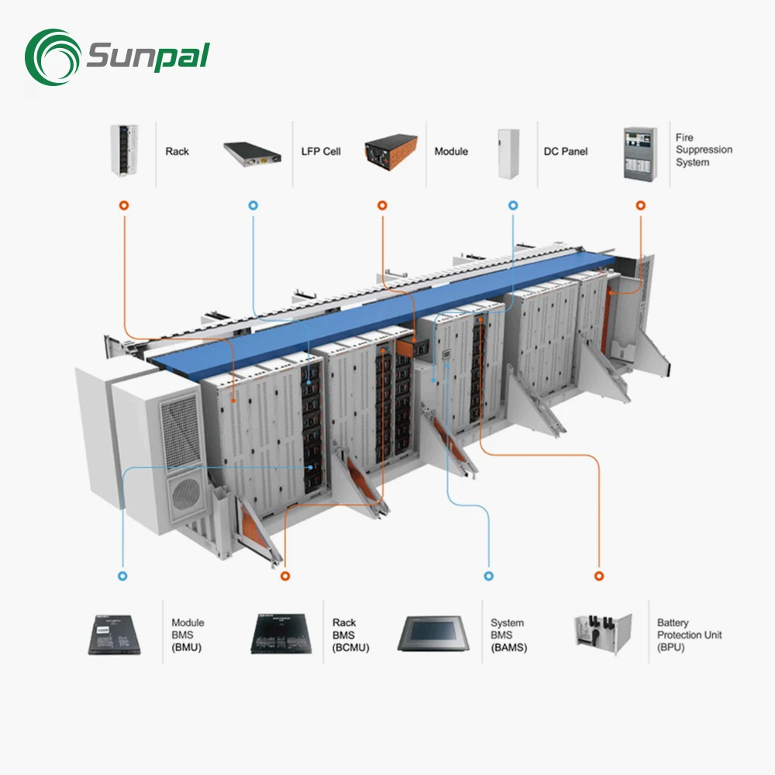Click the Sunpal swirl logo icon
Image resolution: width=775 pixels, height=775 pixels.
pos(52,58)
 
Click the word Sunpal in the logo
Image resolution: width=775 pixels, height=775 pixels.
pos(147,57)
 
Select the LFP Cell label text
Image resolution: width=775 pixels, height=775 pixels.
pos(320,152)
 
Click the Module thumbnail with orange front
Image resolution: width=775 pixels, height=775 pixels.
pos(391,152)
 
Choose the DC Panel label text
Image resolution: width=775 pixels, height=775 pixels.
pos(566,152)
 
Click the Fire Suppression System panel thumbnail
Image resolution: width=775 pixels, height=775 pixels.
pos(641,153)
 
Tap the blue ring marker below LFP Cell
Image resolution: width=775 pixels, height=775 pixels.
pos(253,206)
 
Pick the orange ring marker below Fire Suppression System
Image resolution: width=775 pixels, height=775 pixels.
pos(640,206)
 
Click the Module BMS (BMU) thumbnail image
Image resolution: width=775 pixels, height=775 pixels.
pos(113,633)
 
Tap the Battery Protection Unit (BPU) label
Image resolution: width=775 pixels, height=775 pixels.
pos(689,635)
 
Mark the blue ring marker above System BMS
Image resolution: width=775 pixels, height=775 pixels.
pos(488,577)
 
